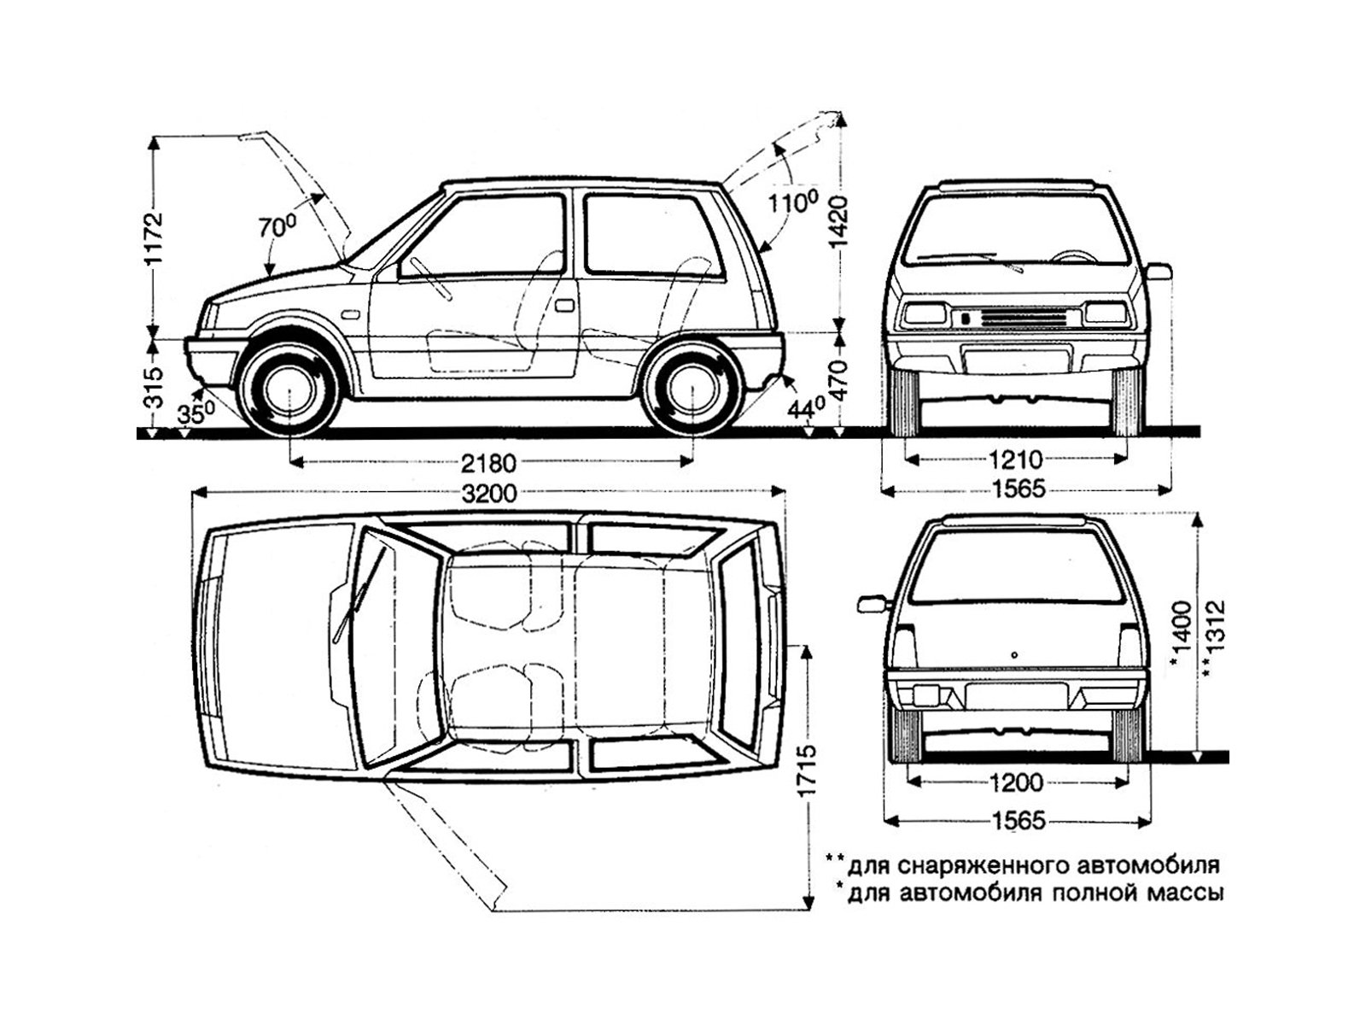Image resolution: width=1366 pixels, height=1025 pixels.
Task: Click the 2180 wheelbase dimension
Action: click(489, 464)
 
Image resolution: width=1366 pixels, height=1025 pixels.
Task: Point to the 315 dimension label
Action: click(153, 388)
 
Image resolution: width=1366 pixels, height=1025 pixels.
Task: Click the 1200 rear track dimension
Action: click(1019, 782)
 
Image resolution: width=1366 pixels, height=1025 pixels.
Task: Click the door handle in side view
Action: click(564, 305)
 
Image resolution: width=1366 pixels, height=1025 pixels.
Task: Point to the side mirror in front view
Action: click(1159, 272)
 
